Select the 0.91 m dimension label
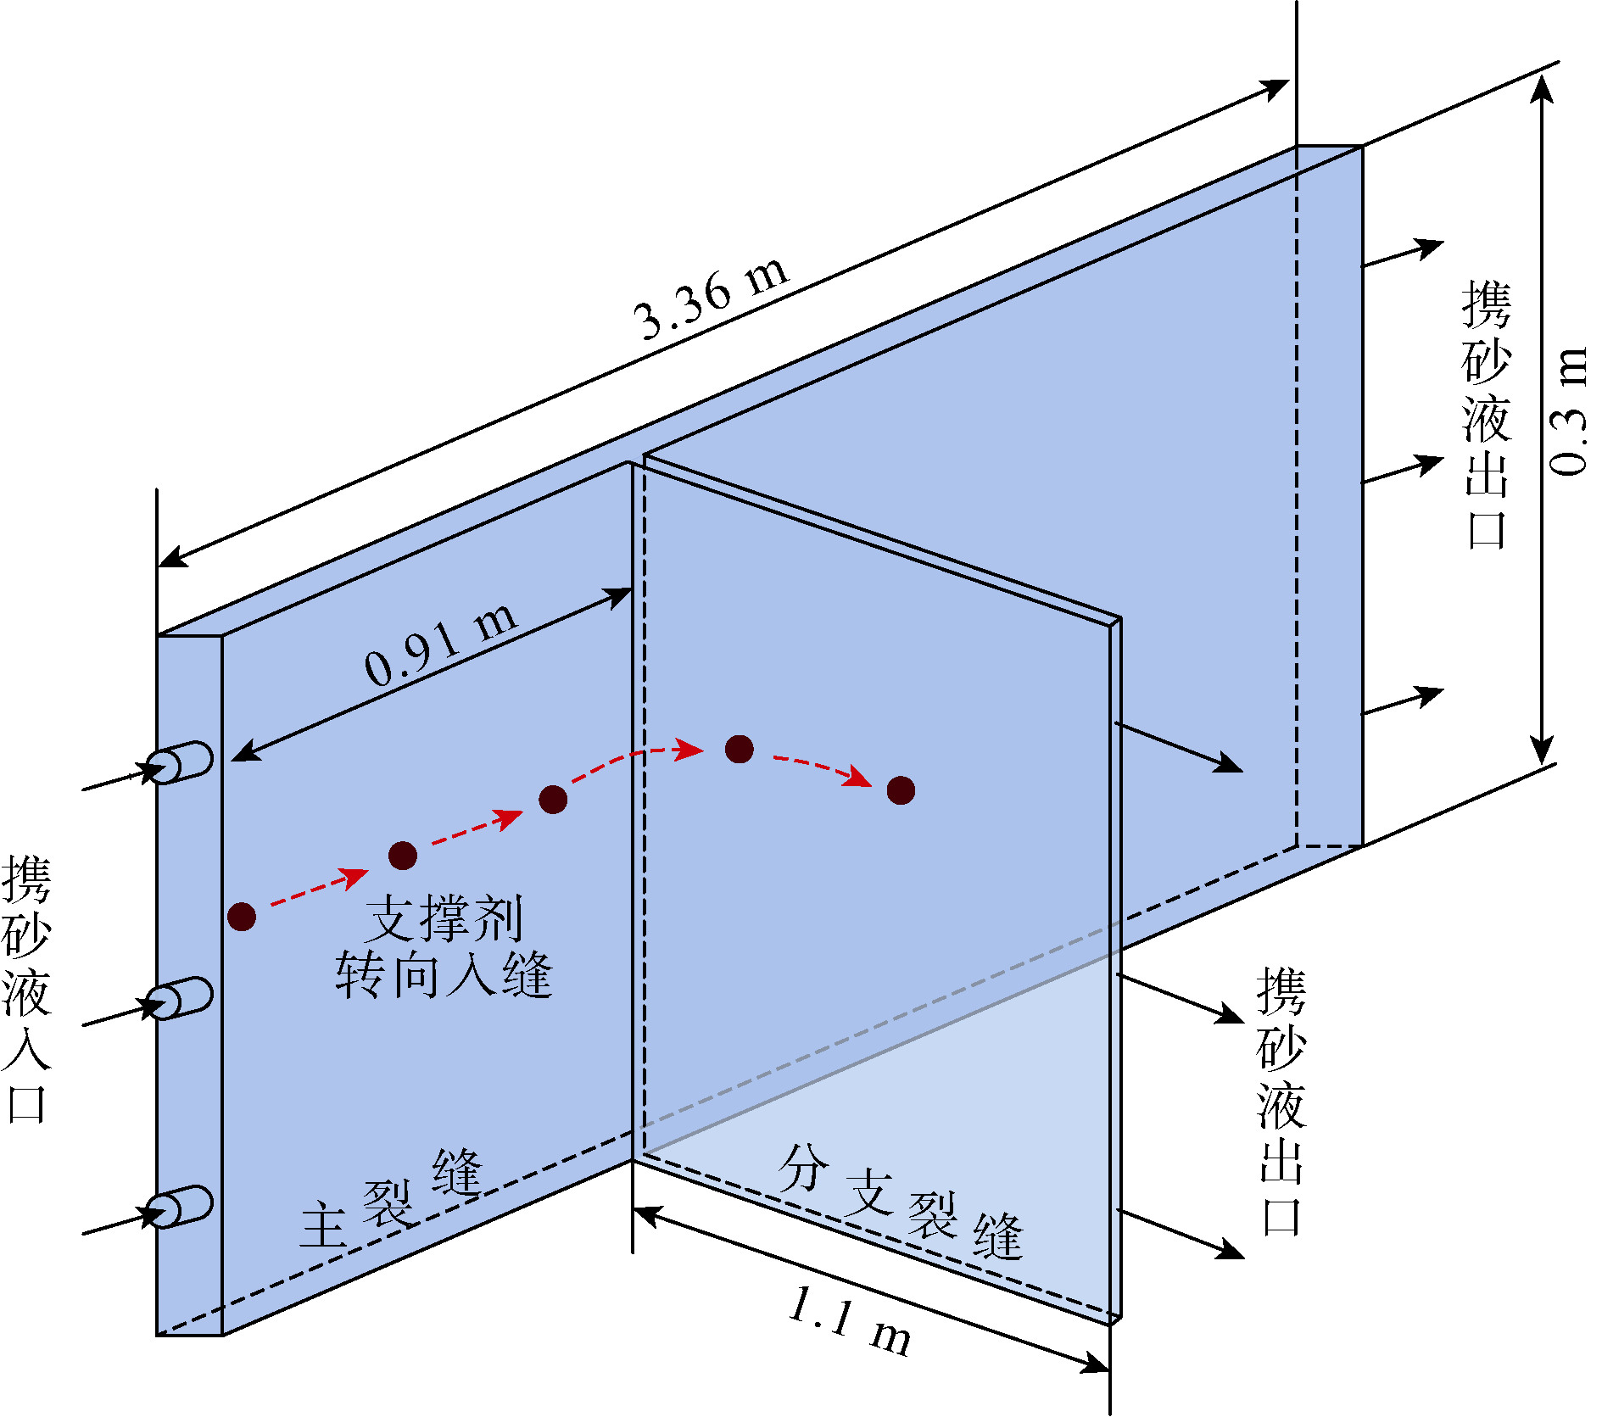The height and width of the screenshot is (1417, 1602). click(x=441, y=645)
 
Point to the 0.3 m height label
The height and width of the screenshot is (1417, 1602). click(x=1567, y=410)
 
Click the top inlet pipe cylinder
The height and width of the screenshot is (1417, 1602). click(x=180, y=762)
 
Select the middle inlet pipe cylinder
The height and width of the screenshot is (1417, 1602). click(x=180, y=998)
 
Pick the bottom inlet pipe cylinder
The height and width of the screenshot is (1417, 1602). click(x=180, y=1207)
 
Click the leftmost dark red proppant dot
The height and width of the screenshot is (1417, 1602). click(x=242, y=916)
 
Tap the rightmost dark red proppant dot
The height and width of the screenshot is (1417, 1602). click(x=901, y=790)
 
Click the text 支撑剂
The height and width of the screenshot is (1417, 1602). click(x=444, y=918)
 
